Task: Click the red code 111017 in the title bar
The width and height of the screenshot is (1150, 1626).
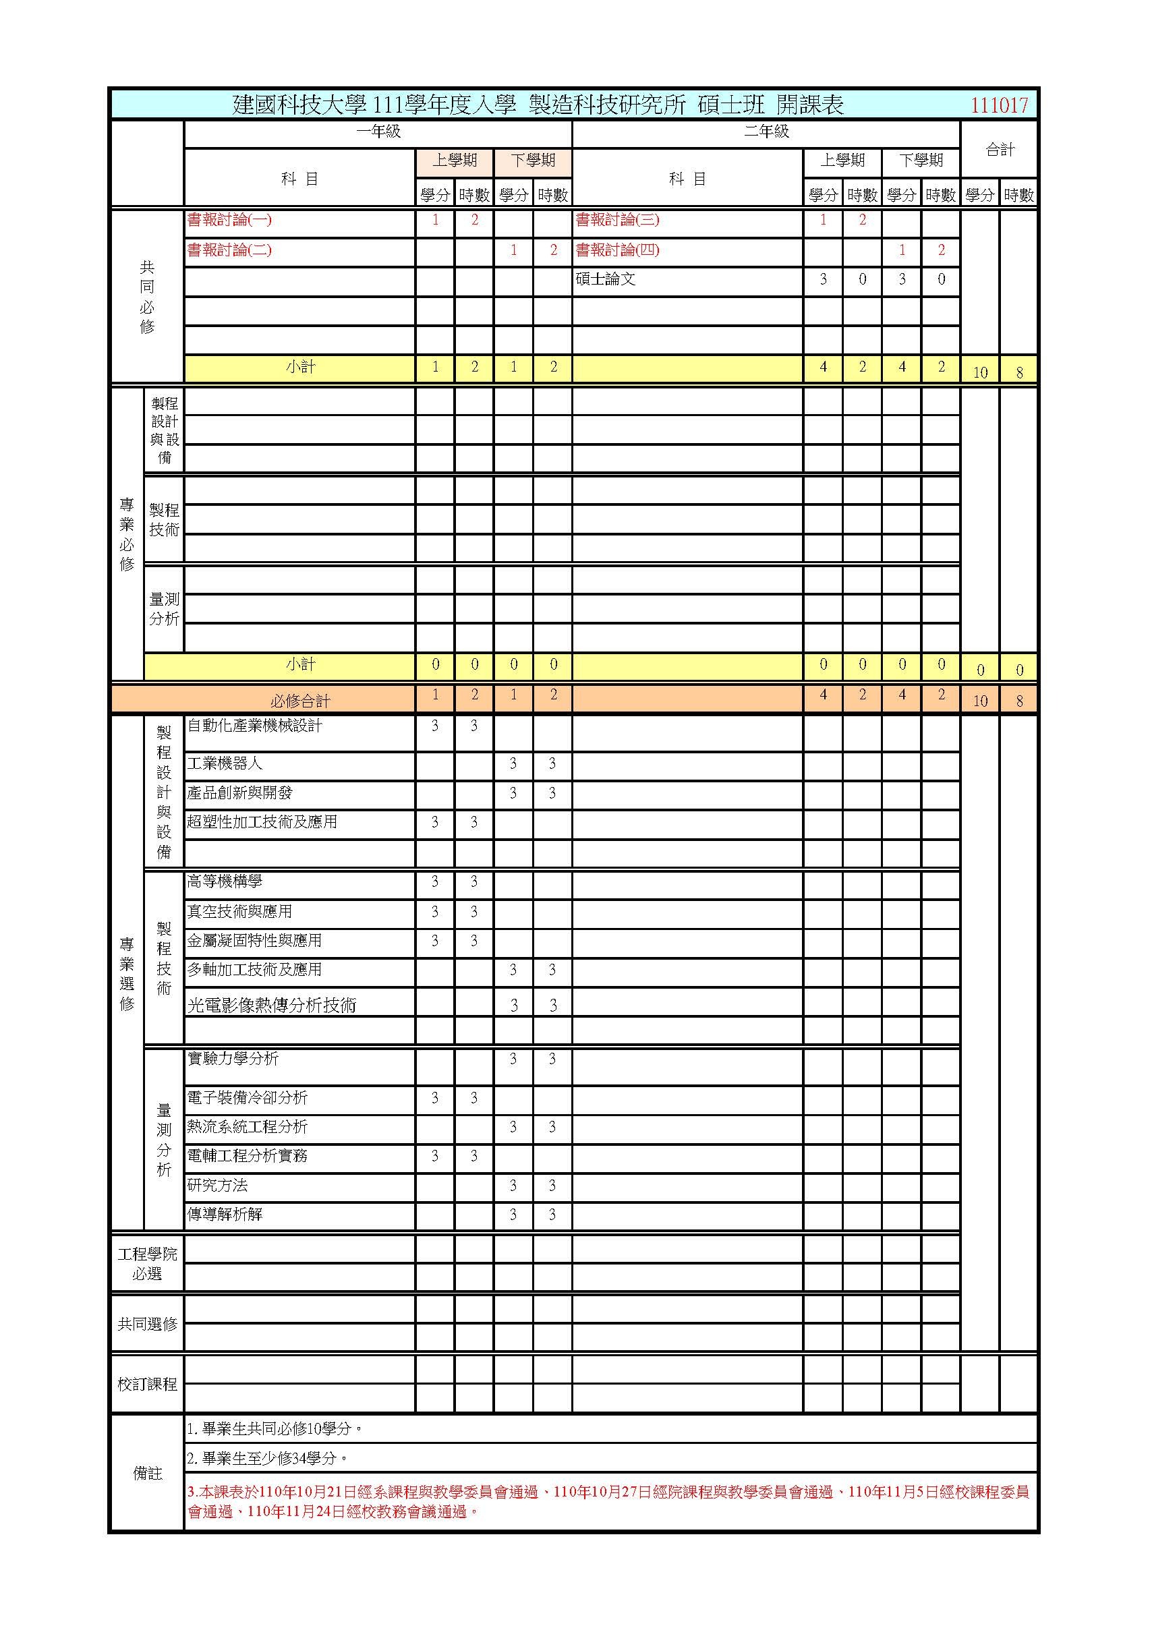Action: click(998, 105)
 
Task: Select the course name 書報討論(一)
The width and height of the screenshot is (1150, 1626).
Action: click(229, 221)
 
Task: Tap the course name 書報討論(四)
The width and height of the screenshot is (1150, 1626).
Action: click(617, 250)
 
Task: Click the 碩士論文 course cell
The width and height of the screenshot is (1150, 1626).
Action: click(606, 280)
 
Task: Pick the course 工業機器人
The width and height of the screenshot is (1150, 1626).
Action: click(225, 763)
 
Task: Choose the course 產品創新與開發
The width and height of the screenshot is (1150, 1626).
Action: click(239, 793)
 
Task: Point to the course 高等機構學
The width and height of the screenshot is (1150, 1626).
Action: click(225, 881)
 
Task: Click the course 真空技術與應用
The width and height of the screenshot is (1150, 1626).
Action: click(239, 911)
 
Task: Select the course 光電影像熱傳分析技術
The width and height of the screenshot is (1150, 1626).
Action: click(271, 1006)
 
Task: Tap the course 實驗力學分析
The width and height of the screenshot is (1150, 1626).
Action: click(232, 1059)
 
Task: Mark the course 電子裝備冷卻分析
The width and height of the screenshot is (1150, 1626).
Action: click(247, 1098)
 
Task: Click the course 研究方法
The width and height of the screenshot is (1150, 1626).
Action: click(217, 1186)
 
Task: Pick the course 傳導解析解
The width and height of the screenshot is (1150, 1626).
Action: click(225, 1215)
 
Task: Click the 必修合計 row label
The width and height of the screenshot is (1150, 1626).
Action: click(300, 701)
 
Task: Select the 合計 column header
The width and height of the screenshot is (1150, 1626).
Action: click(1000, 150)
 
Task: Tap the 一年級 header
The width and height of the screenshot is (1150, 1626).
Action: click(378, 132)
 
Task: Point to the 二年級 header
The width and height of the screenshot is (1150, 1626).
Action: click(766, 132)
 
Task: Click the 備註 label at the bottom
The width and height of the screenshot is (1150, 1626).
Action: click(147, 1474)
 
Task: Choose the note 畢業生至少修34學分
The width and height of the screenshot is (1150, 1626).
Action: click(268, 1458)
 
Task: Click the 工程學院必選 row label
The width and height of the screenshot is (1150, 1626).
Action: click(147, 1264)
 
